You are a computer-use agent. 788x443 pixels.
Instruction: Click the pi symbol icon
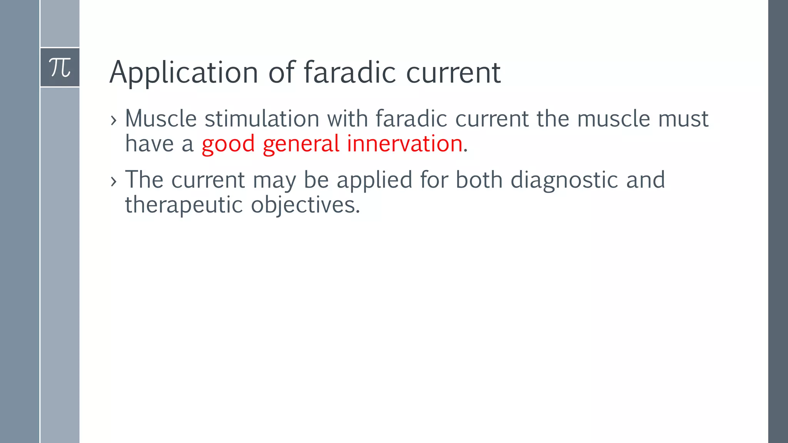click(60, 68)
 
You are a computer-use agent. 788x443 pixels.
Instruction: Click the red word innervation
click(404, 144)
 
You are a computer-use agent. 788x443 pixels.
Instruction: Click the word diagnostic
click(564, 180)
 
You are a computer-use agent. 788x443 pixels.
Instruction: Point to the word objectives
click(305, 205)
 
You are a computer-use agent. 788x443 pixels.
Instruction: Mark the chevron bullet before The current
click(113, 181)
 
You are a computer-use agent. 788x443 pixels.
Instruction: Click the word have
click(150, 144)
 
